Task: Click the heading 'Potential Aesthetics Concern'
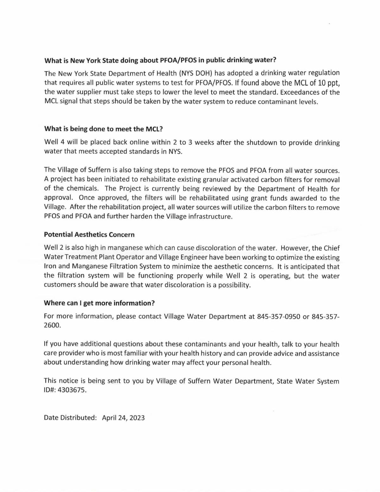coord(89,235)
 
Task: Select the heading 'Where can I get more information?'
coord(99,303)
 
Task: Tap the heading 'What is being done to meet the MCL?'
coord(103,129)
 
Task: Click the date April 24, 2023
coord(123,418)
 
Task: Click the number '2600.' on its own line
coord(52,325)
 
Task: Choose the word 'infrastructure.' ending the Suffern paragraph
coord(210,217)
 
